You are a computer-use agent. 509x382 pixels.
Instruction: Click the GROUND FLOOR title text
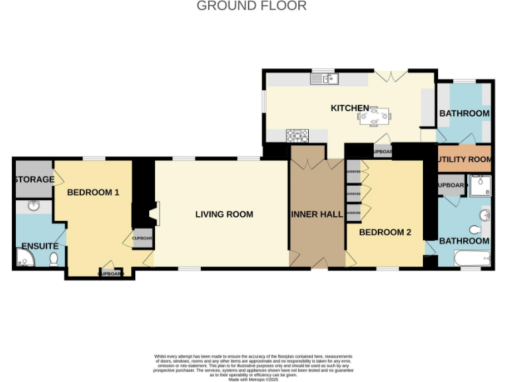(251, 6)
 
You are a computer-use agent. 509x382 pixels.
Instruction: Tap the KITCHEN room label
(349, 108)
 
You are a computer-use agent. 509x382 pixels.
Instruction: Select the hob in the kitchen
(297, 136)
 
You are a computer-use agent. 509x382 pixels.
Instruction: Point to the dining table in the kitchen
(374, 117)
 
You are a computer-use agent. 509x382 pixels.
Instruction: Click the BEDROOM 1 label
(93, 192)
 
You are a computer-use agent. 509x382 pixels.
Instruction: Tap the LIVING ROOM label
(224, 214)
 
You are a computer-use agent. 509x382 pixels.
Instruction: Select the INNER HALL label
(316, 214)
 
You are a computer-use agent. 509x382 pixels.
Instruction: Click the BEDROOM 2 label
(385, 232)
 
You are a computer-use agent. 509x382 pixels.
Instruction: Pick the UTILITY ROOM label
(465, 159)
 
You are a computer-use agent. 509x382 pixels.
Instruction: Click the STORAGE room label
(32, 179)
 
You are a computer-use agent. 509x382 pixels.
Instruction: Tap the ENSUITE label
(39, 246)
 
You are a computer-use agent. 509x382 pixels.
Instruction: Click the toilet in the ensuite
(54, 259)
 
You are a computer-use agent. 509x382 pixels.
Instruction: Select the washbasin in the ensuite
(33, 206)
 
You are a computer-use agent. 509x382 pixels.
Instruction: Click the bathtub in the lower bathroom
(471, 257)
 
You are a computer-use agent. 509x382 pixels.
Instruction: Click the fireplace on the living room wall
(153, 214)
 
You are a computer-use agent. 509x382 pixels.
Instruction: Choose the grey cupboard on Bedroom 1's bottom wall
(111, 273)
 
